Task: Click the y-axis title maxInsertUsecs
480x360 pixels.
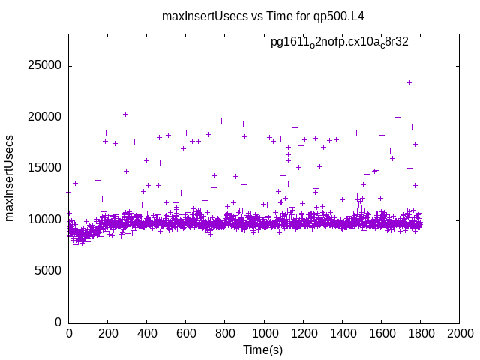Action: point(10,178)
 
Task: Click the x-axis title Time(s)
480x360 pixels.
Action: point(263,349)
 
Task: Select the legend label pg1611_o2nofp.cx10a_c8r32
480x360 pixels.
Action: point(339,42)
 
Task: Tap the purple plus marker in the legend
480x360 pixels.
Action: point(430,43)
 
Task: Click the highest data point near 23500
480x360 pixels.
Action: point(409,82)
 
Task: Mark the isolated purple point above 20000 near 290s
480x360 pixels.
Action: point(125,114)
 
